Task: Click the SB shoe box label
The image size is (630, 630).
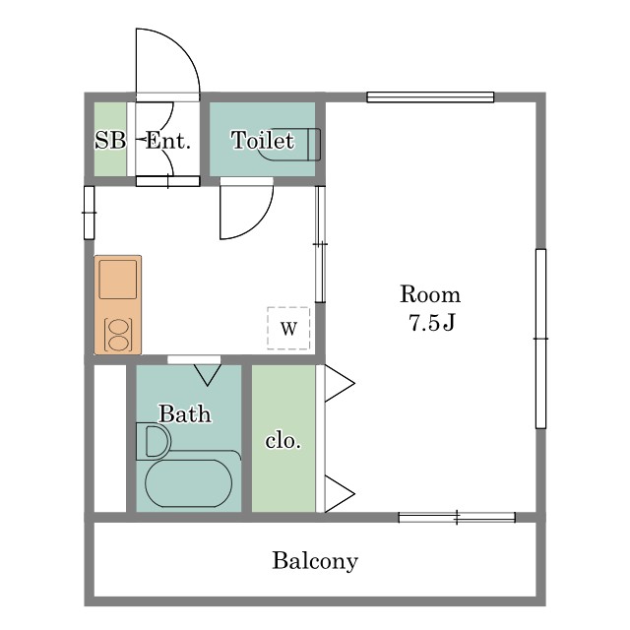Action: (x=110, y=140)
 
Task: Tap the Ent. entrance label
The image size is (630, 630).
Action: (x=167, y=140)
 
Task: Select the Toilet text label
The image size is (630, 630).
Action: (x=263, y=140)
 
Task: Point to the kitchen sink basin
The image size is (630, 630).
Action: (x=118, y=280)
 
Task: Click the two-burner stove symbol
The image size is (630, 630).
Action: (x=118, y=335)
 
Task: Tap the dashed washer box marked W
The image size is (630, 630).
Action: (x=288, y=328)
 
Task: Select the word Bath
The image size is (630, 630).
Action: (x=185, y=413)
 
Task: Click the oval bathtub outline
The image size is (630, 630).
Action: (x=188, y=483)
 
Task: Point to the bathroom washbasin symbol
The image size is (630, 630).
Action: (x=154, y=441)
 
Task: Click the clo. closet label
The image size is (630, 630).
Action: (x=283, y=441)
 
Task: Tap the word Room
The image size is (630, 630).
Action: (x=430, y=294)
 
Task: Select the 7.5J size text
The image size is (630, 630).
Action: (x=432, y=322)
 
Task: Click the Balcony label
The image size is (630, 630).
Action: (x=315, y=561)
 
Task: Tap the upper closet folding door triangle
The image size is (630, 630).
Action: (x=340, y=383)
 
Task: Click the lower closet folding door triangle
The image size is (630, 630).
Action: (x=340, y=494)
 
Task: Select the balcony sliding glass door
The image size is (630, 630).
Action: (x=457, y=518)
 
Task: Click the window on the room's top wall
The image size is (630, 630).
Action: (x=430, y=97)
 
